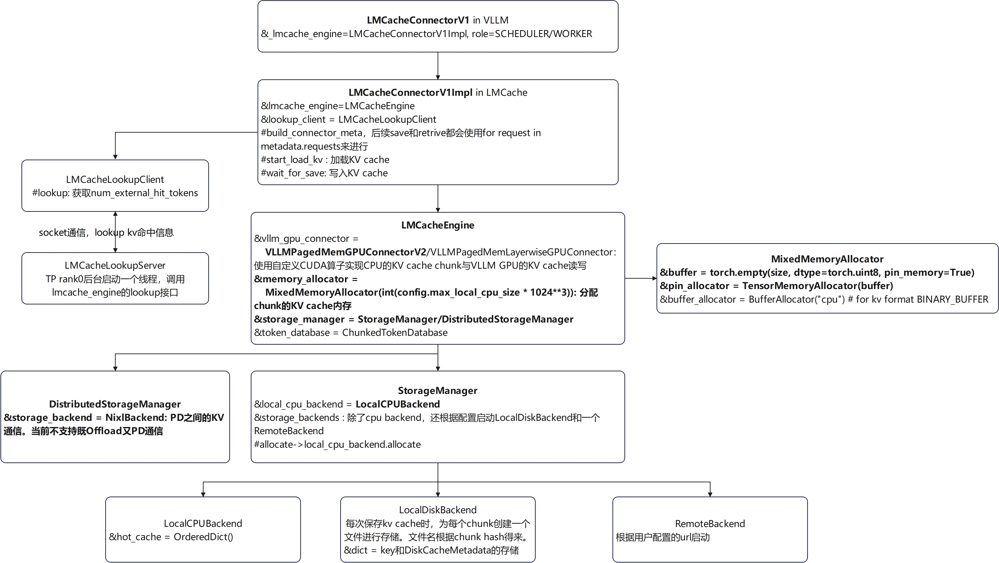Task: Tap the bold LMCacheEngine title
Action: coord(437,225)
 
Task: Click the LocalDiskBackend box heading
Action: coord(437,510)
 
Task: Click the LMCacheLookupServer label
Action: coord(115,265)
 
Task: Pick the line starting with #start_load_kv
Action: coord(325,160)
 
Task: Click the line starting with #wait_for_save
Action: coord(324,173)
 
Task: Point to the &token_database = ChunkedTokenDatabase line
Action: coord(351,332)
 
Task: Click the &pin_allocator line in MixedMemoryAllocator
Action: coord(776,286)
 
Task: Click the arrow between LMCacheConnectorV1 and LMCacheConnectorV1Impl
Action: coord(438,66)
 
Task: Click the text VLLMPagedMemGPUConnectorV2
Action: coord(345,252)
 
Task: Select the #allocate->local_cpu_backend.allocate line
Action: coord(337,444)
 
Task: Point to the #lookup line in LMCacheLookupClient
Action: coord(115,193)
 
